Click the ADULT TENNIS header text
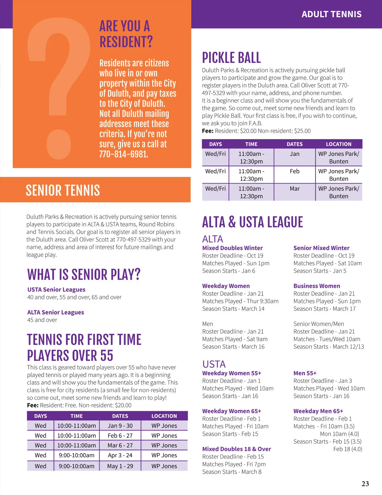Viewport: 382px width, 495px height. [x=331, y=14]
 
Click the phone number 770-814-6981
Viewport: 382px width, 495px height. [x=124, y=154]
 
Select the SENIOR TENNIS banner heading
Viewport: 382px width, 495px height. [x=63, y=190]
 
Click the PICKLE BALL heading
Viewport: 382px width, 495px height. [x=231, y=58]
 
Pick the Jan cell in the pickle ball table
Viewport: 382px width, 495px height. [x=294, y=154]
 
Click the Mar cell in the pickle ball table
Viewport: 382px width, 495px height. [x=294, y=189]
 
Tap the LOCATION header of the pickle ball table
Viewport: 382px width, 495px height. [x=338, y=144]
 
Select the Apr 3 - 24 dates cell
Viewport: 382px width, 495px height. [x=120, y=455]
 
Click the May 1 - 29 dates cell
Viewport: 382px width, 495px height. [x=120, y=466]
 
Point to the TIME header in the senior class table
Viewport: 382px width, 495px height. [x=76, y=416]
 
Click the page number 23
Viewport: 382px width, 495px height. [x=365, y=484]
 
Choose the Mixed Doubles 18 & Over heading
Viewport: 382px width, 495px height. [x=237, y=449]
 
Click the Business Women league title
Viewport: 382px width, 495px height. [x=317, y=286]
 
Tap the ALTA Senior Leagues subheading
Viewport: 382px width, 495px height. [x=56, y=312]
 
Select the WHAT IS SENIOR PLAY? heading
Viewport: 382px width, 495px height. [x=84, y=275]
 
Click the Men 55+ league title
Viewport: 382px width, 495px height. [x=305, y=373]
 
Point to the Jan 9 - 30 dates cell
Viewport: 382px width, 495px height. [x=120, y=426]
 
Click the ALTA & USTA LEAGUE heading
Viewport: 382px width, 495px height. [x=252, y=222]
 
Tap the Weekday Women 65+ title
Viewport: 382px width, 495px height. [x=231, y=411]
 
